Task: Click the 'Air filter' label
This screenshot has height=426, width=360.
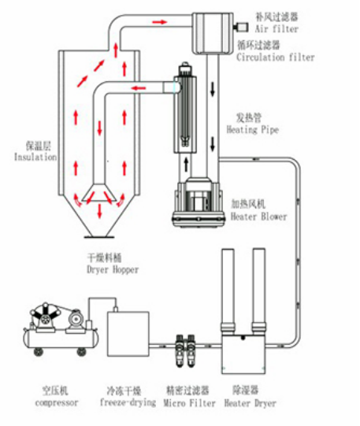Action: tap(276, 29)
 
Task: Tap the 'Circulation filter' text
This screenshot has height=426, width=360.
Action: tap(276, 57)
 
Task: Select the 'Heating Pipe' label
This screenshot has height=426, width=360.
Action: tap(253, 130)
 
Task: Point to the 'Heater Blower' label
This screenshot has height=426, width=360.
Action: tap(258, 217)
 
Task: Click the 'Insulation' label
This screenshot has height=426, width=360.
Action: tap(35, 157)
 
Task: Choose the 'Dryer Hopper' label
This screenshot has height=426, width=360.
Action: tap(113, 269)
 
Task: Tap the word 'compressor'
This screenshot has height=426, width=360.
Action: tap(57, 402)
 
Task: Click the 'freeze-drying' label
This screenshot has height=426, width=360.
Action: tap(128, 402)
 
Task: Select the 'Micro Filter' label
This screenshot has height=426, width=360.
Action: tap(189, 403)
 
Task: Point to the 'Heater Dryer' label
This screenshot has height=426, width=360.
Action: tap(250, 403)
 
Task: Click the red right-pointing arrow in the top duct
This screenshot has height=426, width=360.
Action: tap(159, 22)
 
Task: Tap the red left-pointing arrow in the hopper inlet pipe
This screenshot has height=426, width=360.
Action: tap(139, 88)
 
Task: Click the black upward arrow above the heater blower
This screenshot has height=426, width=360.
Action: tap(186, 165)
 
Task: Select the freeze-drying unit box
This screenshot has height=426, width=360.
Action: tap(128, 334)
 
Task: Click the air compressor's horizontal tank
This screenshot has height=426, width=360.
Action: tap(61, 339)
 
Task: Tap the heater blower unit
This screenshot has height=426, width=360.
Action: tap(199, 202)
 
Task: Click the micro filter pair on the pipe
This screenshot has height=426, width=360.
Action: tap(186, 350)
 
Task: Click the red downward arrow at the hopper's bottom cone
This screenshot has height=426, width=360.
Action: tap(100, 211)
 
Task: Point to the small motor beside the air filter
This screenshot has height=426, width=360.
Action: tap(241, 27)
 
